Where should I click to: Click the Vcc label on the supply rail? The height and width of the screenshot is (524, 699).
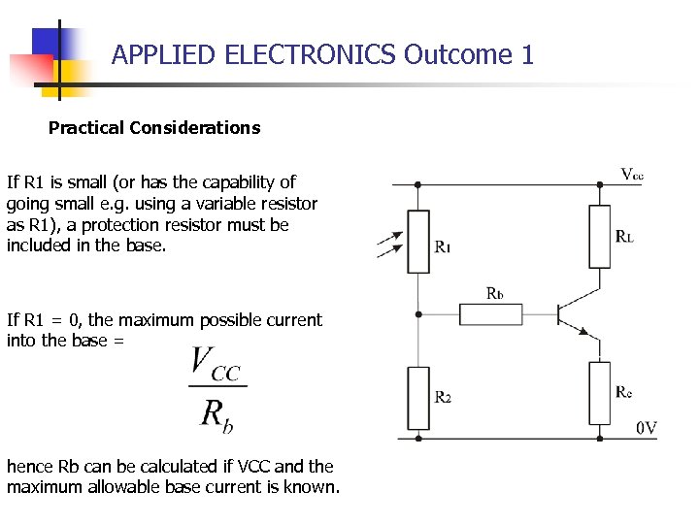(632, 175)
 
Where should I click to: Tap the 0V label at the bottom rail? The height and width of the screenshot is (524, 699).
(647, 428)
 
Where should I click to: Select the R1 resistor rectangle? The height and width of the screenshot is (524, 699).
(418, 242)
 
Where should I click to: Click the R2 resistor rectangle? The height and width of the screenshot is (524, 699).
(418, 398)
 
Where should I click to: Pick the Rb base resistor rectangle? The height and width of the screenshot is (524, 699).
(490, 313)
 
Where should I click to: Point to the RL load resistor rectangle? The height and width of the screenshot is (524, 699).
(599, 236)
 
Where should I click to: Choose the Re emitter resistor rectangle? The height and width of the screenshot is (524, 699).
(599, 392)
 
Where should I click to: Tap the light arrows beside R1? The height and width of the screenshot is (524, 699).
(387, 245)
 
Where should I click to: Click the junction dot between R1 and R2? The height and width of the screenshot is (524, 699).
(418, 314)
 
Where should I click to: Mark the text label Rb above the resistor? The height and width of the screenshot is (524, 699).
(495, 293)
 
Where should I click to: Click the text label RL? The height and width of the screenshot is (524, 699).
(625, 237)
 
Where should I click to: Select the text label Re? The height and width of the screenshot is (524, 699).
(624, 392)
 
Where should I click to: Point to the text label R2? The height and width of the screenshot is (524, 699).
(443, 397)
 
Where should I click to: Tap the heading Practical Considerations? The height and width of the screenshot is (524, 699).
(154, 127)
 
